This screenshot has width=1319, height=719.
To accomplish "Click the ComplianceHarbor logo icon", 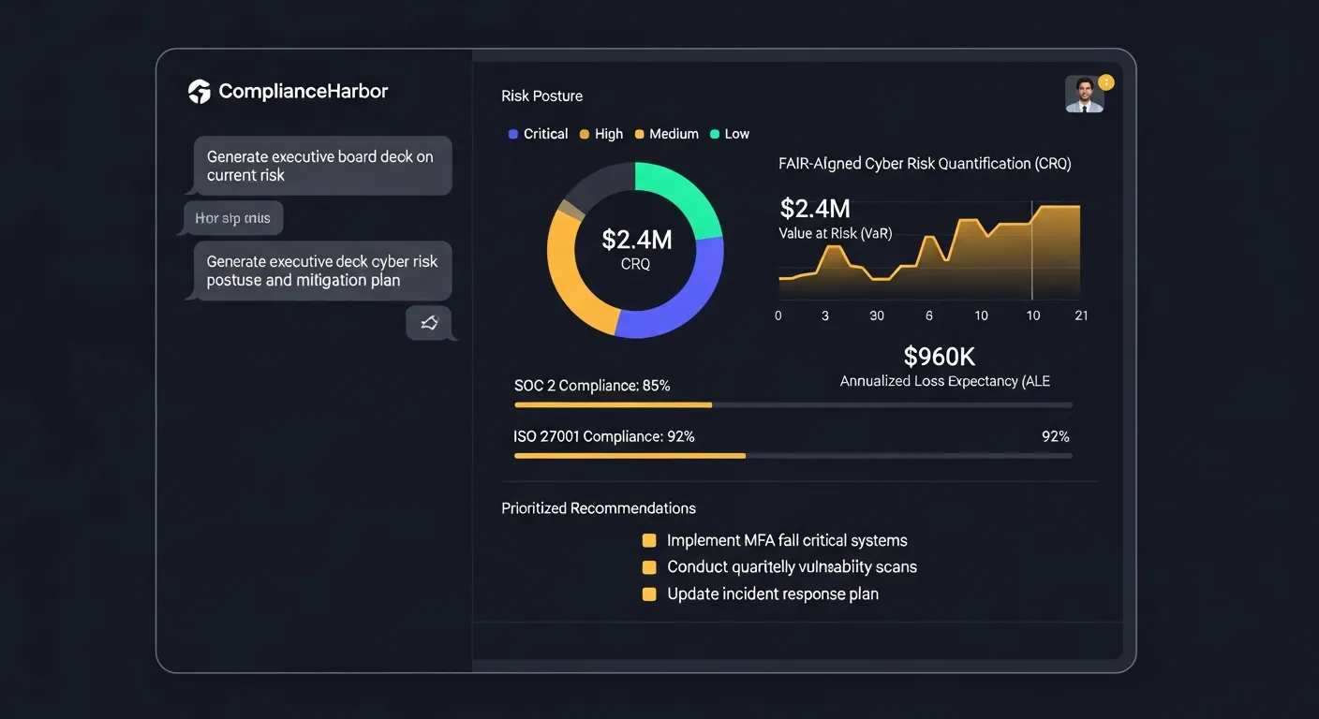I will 200,91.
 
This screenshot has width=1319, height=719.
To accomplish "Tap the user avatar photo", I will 1085,95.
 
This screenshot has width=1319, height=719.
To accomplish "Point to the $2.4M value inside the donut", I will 636,240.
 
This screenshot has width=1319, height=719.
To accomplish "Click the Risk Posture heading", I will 541,95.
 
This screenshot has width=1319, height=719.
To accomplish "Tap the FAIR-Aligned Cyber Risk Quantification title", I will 924,164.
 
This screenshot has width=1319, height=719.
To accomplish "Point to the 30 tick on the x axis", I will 877,315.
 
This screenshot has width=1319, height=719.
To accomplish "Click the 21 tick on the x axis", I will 1081,315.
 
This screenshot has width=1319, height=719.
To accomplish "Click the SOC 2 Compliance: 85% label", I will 592,386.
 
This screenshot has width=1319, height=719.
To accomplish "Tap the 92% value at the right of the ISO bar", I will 1055,436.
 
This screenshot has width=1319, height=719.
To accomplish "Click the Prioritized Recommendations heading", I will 599,508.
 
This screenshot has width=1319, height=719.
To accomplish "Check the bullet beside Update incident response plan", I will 649,594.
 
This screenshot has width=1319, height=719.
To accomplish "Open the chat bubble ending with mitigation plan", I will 321,271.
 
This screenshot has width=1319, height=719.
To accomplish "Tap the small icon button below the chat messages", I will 429,323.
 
